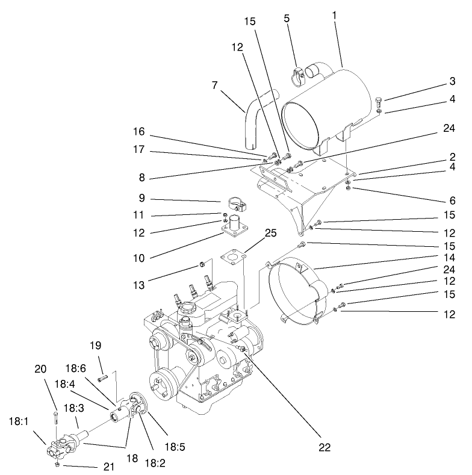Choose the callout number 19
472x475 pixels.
pyautogui.click(x=95, y=347)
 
